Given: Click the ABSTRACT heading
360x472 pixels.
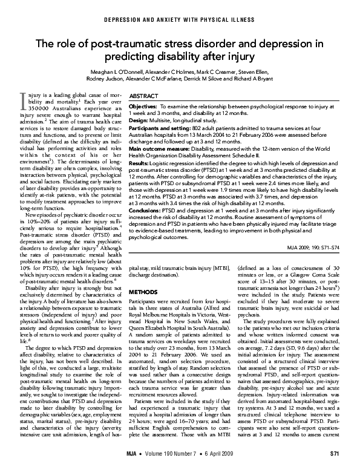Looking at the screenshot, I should point(145,96).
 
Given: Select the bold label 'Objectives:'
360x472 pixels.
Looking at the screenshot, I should point(144,106).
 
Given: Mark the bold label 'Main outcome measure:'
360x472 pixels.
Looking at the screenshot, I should point(157,148).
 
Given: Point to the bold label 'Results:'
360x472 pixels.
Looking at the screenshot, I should point(140,162).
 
